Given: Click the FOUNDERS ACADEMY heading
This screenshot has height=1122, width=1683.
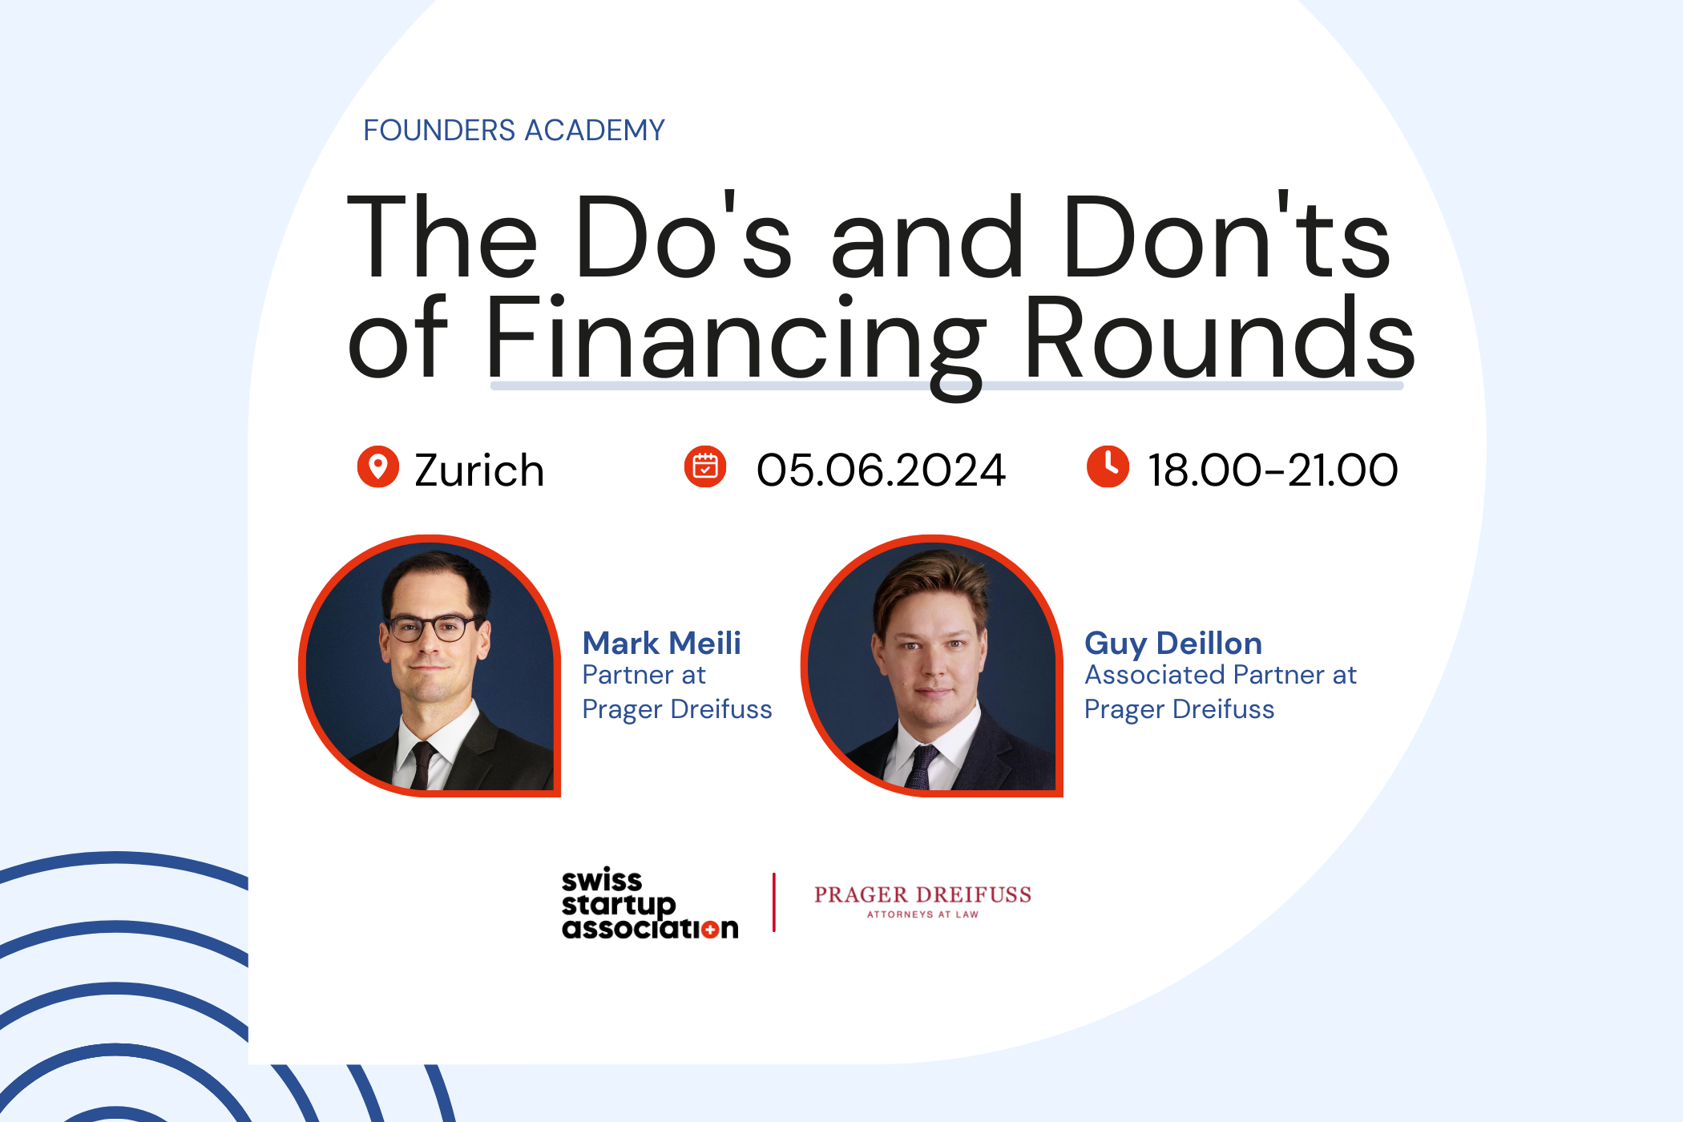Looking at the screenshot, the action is click(x=514, y=130).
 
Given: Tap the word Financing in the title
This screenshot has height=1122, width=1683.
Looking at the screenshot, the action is click(x=735, y=343).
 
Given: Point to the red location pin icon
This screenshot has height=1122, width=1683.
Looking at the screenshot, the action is click(x=377, y=466).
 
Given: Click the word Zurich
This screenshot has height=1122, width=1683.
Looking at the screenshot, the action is click(x=479, y=470).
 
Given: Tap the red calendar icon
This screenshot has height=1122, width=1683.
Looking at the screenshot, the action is click(x=705, y=466).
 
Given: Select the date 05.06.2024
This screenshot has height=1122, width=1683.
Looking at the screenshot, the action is click(x=881, y=470).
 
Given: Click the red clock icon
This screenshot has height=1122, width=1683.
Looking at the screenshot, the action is click(x=1108, y=466).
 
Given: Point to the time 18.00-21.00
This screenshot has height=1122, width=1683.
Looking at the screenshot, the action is click(x=1273, y=470).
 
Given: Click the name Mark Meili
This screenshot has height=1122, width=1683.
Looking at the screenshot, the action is click(x=661, y=643).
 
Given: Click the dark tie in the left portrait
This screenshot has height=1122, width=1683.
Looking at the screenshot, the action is click(x=421, y=765).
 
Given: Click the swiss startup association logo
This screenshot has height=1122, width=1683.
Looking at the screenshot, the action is click(x=650, y=903).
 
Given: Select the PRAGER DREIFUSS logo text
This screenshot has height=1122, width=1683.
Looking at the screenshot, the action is click(x=922, y=895).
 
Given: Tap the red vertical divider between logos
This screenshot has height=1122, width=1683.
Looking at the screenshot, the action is click(x=774, y=902).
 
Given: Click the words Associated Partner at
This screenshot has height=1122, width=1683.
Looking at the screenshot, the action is click(x=1221, y=676).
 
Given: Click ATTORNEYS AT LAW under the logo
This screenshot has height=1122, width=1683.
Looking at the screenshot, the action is click(x=922, y=914).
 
